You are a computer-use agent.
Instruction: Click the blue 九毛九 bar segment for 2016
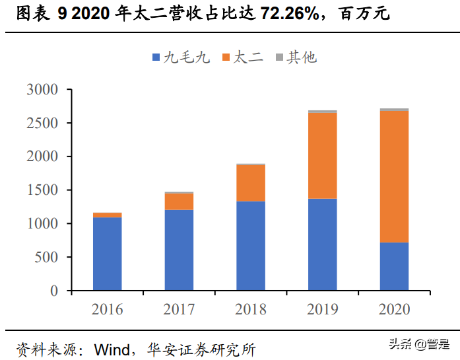107,254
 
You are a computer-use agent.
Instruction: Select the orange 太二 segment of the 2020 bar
394,176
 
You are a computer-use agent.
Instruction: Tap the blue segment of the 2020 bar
394,267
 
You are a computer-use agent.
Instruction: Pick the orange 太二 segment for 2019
322,156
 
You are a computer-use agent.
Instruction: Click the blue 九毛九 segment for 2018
251,246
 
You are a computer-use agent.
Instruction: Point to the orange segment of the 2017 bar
179,201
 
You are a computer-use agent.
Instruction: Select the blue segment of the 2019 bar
322,244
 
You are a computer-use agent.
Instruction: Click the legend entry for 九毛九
181,57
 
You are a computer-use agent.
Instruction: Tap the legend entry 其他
296,57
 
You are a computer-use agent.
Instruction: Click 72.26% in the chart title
247,13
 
